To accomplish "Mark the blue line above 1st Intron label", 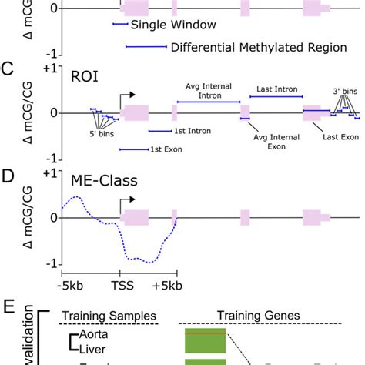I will [165, 131].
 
